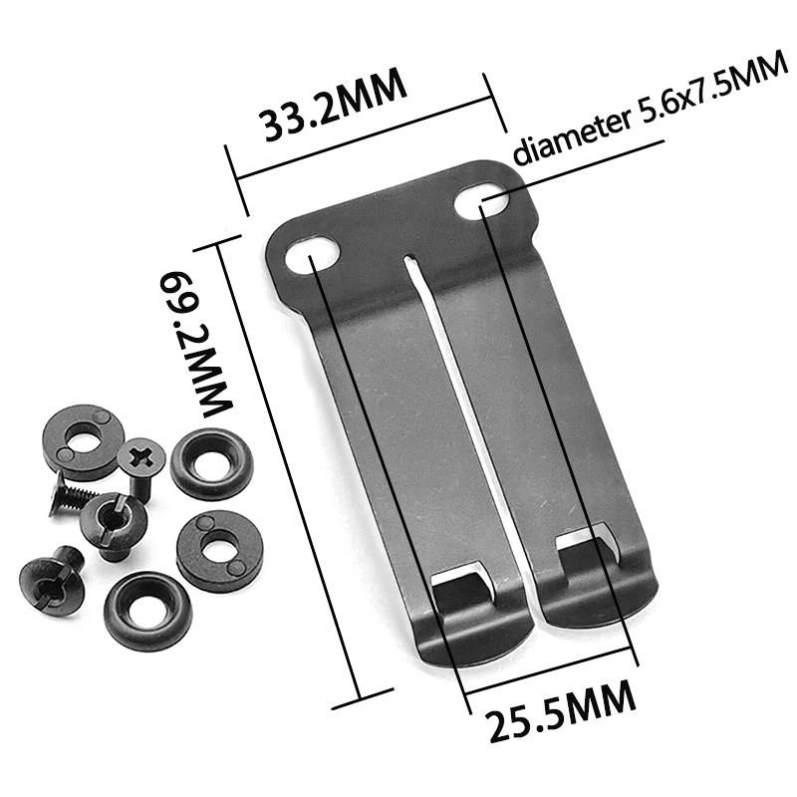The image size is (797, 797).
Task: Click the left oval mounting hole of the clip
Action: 313,253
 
